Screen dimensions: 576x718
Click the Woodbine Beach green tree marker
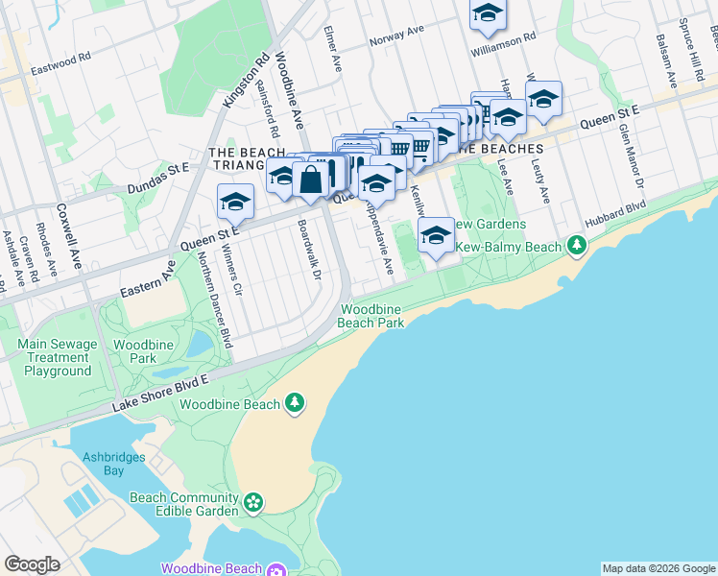(x=297, y=403)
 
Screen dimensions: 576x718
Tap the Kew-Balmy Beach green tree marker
(x=576, y=247)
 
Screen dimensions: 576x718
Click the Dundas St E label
(x=155, y=168)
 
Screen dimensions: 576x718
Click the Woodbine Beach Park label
(x=371, y=315)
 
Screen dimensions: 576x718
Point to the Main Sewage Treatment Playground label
(x=58, y=357)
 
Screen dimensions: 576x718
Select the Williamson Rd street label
(x=503, y=46)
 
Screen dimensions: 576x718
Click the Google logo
(x=32, y=564)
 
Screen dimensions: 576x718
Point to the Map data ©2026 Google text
(x=658, y=568)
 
